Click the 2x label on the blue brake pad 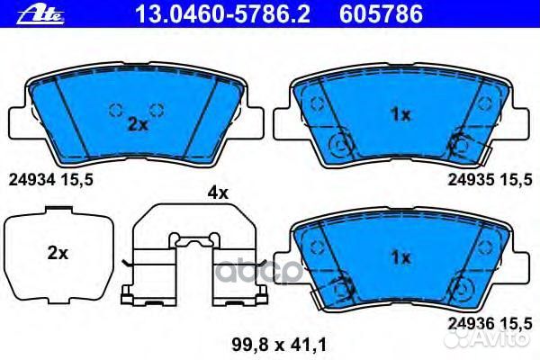[137, 125]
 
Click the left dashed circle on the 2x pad [114, 111]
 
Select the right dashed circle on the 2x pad [157, 111]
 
